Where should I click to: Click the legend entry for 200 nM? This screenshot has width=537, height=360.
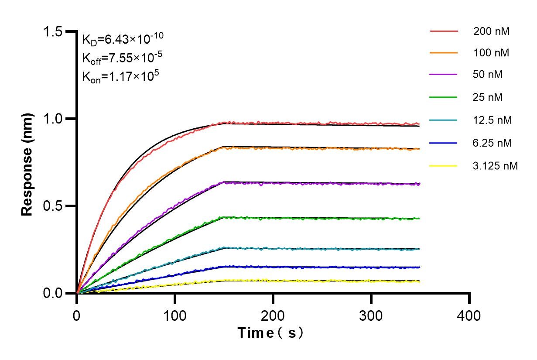(x=492, y=31)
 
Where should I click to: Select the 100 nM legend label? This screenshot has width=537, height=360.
(x=492, y=53)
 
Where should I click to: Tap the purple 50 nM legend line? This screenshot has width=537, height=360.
(x=444, y=75)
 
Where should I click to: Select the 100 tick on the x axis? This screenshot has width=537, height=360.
(x=175, y=315)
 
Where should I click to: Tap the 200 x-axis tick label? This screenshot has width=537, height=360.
(x=273, y=315)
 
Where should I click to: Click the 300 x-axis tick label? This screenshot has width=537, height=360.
(x=371, y=315)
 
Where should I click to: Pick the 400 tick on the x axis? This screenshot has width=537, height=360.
(x=469, y=315)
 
